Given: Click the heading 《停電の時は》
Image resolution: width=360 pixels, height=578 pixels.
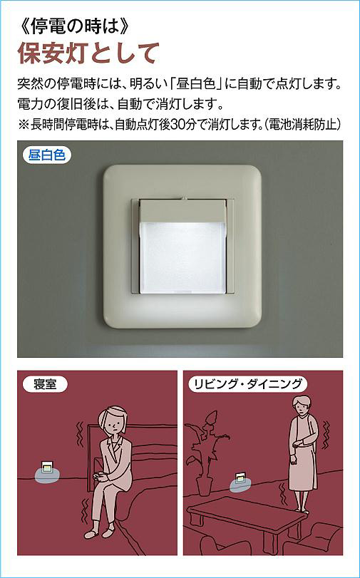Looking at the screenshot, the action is (x=74, y=29).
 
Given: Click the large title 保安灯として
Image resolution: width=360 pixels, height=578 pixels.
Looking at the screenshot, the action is (x=89, y=54).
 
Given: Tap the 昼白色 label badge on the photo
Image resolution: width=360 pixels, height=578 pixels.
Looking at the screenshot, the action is (x=47, y=155).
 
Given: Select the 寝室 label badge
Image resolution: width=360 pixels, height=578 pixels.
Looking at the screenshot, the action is (x=45, y=385).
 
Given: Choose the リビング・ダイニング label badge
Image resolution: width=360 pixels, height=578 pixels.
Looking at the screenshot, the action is (x=248, y=385).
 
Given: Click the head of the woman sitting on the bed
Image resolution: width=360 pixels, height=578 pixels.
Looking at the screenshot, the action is (x=113, y=420).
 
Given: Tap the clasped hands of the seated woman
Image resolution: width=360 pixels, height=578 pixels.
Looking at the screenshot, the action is (x=100, y=477).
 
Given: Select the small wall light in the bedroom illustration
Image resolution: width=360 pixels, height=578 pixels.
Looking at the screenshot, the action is (x=47, y=468).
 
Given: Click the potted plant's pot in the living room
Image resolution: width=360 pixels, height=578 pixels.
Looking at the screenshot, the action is (x=203, y=487).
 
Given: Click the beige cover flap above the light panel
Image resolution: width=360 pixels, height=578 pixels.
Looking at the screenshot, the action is (x=182, y=210).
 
